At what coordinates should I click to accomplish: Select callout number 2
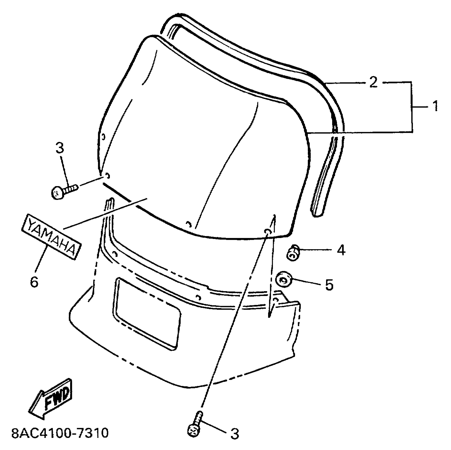[373, 83]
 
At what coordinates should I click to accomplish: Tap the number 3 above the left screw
[60, 148]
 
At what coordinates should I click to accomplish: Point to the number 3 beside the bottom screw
[234, 434]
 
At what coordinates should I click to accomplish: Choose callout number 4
[341, 250]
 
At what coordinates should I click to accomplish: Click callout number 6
[34, 282]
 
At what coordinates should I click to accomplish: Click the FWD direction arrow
[51, 399]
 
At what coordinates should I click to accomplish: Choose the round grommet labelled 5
[283, 280]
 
